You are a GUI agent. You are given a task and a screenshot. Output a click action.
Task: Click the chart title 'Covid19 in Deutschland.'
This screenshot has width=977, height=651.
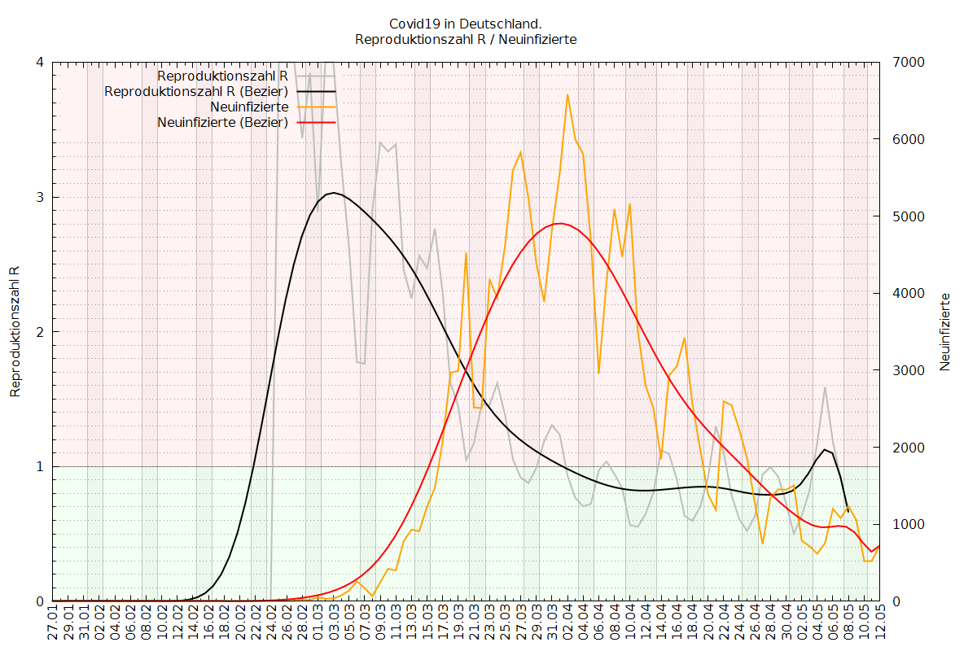pos(466,24)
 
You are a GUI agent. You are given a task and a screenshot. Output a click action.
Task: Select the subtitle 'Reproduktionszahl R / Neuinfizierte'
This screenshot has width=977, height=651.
pos(466,39)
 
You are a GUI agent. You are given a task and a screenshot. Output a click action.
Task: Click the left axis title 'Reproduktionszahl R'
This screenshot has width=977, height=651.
pos(15,331)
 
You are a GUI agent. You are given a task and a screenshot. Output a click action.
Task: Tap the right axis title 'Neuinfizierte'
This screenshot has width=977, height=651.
pos(945,331)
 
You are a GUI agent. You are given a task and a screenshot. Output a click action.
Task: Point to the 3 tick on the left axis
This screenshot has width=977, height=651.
pos(40,198)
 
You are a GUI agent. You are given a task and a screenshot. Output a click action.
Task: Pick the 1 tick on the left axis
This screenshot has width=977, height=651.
pos(40,467)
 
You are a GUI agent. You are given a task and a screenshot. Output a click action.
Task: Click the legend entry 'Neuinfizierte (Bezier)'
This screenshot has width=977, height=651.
pos(222,123)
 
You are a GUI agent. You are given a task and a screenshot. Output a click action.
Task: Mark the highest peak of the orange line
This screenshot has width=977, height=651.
pos(567,95)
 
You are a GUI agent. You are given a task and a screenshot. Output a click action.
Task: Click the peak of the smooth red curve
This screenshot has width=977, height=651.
pos(560,223)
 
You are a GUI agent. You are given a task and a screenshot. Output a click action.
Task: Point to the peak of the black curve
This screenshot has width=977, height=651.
pos(333,193)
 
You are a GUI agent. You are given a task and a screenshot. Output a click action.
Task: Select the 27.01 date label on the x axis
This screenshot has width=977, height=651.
pos(53,625)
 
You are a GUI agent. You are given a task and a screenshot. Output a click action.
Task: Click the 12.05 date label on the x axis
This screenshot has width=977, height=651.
pos(879,625)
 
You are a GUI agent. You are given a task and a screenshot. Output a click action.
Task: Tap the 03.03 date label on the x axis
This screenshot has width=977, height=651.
pos(334,625)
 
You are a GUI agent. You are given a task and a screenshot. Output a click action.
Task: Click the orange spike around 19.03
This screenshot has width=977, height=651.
pos(466,253)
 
